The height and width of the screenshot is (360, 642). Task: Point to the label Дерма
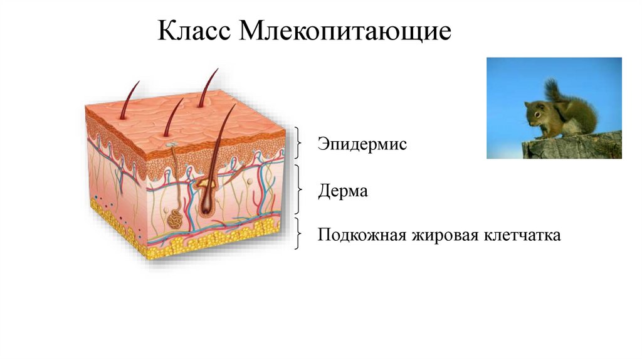pyautogui.click(x=342, y=191)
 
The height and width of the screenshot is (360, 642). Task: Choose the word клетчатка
pyautogui.click(x=522, y=236)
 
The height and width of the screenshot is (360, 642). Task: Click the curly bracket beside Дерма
pyautogui.click(x=299, y=189)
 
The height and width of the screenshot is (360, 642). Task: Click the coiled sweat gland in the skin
pyautogui.click(x=176, y=220)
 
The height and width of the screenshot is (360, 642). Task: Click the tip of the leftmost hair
pyautogui.click(x=138, y=82)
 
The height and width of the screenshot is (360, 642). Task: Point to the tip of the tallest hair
pyautogui.click(x=217, y=70)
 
